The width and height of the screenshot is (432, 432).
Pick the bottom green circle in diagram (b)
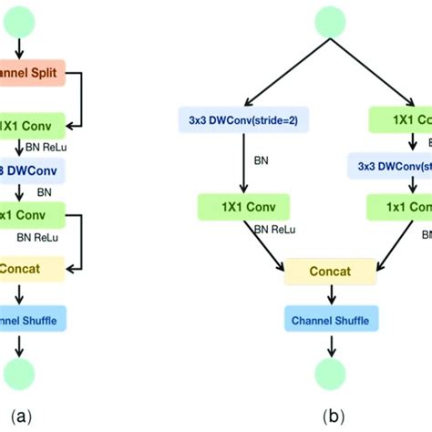pyautogui.click(x=331, y=373)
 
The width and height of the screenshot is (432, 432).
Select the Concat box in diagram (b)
pyautogui.click(x=331, y=271)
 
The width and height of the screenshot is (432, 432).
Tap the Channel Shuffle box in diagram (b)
pyautogui.click(x=331, y=322)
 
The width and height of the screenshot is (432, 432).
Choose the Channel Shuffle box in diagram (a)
pyautogui.click(x=27, y=319)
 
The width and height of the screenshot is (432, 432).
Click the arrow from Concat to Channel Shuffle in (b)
pyautogui.click(x=331, y=296)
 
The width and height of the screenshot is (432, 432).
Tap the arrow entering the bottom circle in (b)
pyautogui.click(x=331, y=345)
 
